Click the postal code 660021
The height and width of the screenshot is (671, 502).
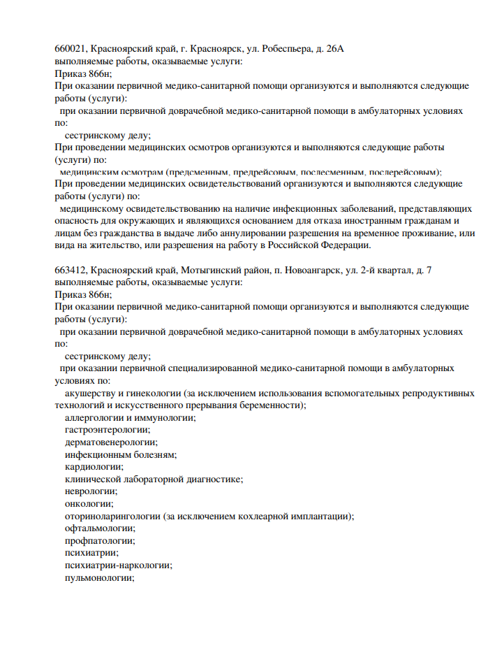[x=70, y=49]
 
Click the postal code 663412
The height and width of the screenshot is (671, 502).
[x=70, y=270]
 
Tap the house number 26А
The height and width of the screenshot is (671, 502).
[x=337, y=49]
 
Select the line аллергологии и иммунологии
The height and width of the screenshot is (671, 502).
[x=130, y=417]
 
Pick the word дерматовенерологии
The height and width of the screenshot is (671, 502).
[x=111, y=442]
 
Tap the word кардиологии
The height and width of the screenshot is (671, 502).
[x=94, y=466]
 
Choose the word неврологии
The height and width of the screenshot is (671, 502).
[x=91, y=491]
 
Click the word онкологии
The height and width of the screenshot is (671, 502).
[x=89, y=503]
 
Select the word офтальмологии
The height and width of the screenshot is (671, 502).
[x=100, y=528]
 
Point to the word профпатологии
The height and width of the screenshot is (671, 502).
[x=100, y=540]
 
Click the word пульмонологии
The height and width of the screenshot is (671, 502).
[x=99, y=577]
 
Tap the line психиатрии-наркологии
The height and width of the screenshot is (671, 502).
[x=118, y=565]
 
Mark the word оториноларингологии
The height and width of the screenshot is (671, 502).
[x=112, y=516]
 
